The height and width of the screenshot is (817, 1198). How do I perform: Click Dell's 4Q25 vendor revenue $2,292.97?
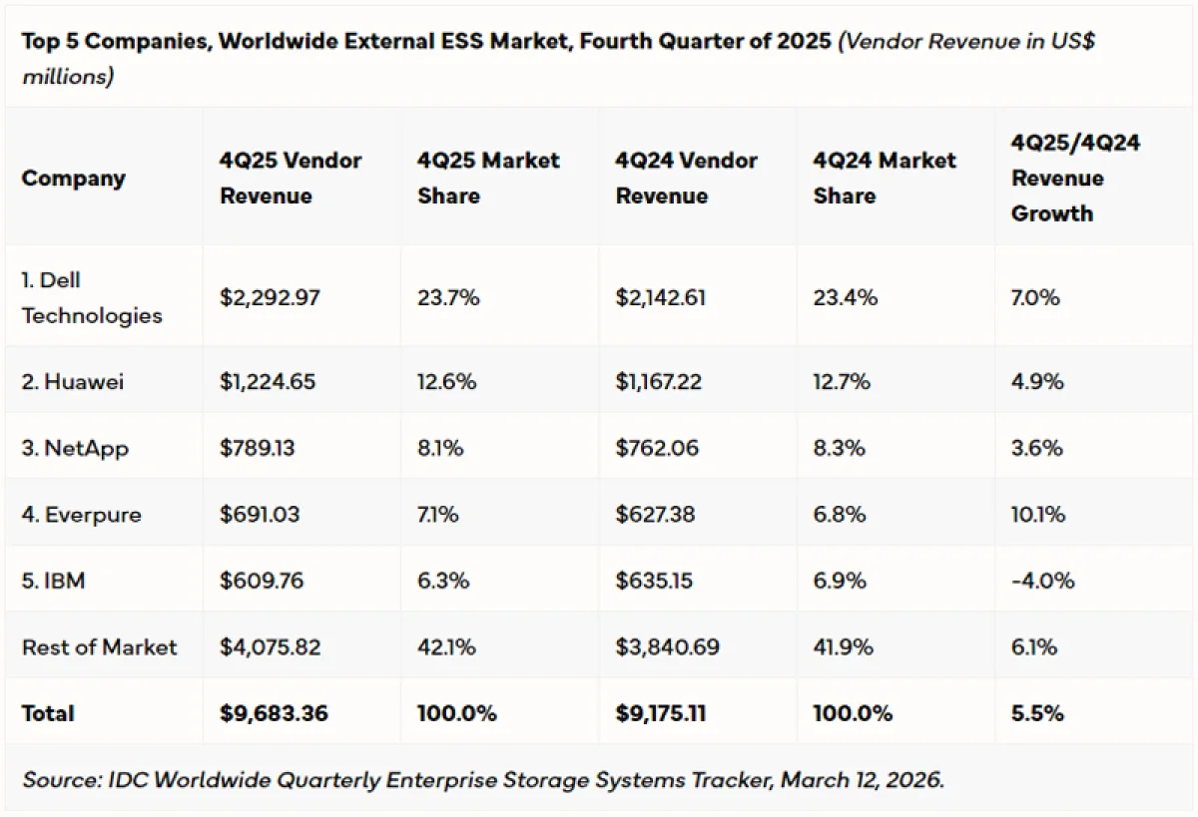(x=270, y=297)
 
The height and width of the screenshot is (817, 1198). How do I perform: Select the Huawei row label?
(x=73, y=381)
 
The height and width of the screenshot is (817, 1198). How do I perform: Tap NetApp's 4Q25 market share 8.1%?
(x=440, y=448)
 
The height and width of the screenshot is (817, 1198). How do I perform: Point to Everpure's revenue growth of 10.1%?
(x=1037, y=515)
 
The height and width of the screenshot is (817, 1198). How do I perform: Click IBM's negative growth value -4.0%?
(x=1042, y=580)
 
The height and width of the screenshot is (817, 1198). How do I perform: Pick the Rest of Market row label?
(x=99, y=646)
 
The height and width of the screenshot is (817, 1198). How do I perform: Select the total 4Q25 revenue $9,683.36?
(x=274, y=713)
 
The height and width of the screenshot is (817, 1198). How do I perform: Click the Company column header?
(x=73, y=179)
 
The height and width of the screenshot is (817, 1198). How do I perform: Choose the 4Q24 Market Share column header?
(x=885, y=178)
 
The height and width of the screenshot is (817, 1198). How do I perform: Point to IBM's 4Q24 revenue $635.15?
(x=654, y=580)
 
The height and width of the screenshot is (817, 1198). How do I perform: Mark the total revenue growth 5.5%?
(x=1037, y=713)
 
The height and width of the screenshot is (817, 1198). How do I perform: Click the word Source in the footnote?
(x=59, y=779)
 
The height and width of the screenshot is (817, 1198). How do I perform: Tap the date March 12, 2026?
(x=862, y=779)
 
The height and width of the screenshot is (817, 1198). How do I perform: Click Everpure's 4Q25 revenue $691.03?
(x=260, y=515)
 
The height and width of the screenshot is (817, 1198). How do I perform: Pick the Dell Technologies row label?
(x=91, y=297)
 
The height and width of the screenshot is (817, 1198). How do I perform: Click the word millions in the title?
(x=67, y=77)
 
